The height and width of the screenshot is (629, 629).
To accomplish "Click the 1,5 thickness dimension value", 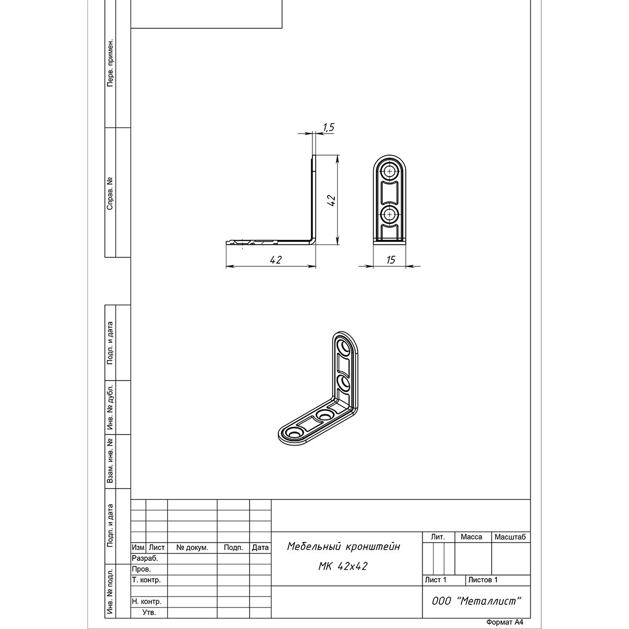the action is pyautogui.click(x=329, y=127).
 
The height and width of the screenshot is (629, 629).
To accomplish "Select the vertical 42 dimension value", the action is pyautogui.click(x=331, y=200).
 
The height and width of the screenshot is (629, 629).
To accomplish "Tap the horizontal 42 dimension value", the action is pyautogui.click(x=276, y=260).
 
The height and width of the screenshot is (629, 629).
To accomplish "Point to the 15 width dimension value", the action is pyautogui.click(x=391, y=260).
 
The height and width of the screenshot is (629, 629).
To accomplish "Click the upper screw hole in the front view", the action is pyautogui.click(x=389, y=171).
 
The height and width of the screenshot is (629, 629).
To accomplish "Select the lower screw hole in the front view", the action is pyautogui.click(x=389, y=214).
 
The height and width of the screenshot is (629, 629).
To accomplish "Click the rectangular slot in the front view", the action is pyautogui.click(x=389, y=193).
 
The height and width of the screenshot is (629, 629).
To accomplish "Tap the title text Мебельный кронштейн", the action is pyautogui.click(x=343, y=546).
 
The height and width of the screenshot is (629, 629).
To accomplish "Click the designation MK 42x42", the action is pyautogui.click(x=343, y=566).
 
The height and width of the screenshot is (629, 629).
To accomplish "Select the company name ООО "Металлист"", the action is pyautogui.click(x=476, y=601).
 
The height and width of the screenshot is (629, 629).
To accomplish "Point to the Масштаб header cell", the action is pyautogui.click(x=511, y=537).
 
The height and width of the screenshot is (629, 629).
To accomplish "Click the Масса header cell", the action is pyautogui.click(x=471, y=537).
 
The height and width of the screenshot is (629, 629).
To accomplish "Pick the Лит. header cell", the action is pyautogui.click(x=438, y=537).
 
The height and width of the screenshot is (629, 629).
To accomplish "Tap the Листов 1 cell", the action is pyautogui.click(x=483, y=580).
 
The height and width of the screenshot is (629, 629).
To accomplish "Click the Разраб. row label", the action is pyautogui.click(x=145, y=558).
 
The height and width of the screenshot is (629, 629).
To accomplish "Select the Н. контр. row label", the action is pyautogui.click(x=147, y=601).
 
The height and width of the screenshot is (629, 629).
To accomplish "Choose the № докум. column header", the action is pyautogui.click(x=192, y=548).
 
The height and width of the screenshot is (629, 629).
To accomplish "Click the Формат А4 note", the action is pyautogui.click(x=505, y=622).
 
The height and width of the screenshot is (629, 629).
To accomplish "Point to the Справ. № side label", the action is pyautogui.click(x=110, y=193).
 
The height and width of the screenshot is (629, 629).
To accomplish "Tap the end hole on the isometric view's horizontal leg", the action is pyautogui.click(x=294, y=433).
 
